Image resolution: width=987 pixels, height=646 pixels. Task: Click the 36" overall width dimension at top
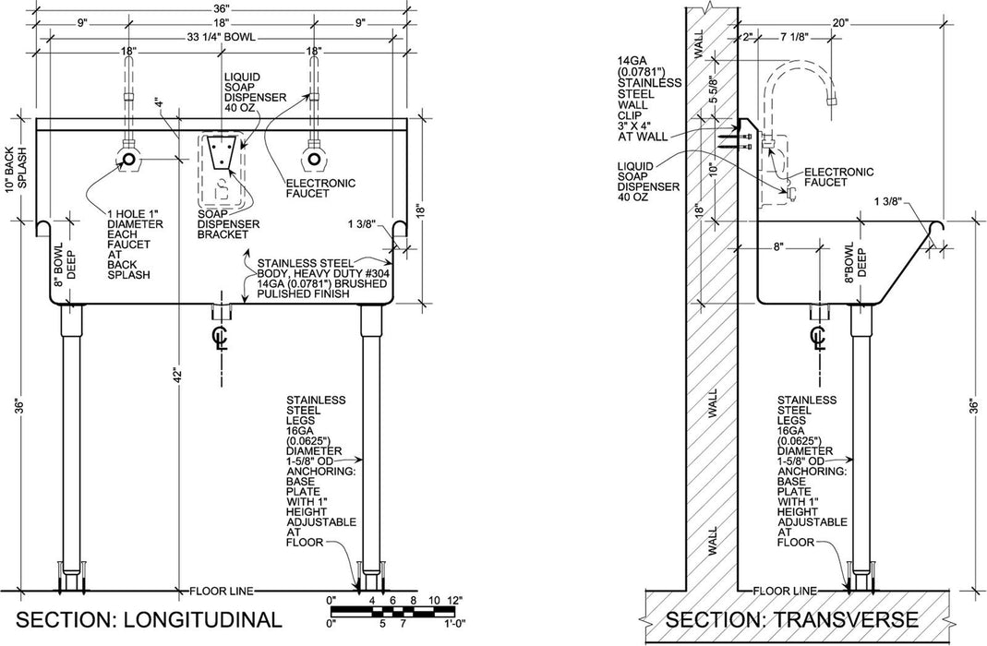click(x=221, y=7)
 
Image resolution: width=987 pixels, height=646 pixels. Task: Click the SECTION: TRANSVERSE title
click(x=791, y=618)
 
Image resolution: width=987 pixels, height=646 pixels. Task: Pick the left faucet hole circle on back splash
click(x=130, y=161)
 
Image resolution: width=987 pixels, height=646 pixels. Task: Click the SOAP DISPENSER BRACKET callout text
click(x=228, y=224)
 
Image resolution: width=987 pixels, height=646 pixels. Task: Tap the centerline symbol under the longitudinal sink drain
click(x=221, y=337)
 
